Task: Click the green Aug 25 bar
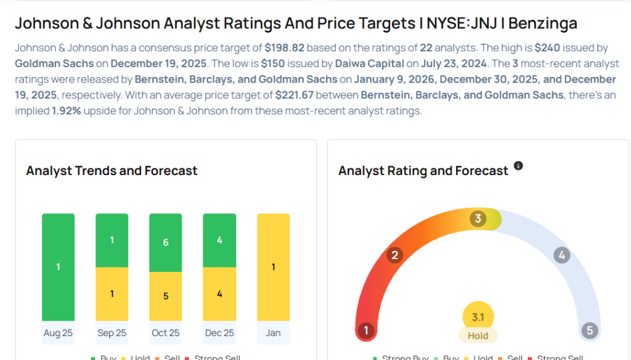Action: coord(58,267)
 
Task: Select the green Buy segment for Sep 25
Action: coord(112,240)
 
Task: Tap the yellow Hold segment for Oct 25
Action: coord(165,296)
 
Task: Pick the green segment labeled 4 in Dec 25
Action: coord(219,240)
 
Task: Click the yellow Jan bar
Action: coord(273,267)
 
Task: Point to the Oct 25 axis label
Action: coord(165,333)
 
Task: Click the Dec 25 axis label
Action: coord(219,333)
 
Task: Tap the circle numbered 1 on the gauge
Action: coord(366,330)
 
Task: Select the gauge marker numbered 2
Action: coord(395,255)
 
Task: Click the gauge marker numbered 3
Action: coord(478,219)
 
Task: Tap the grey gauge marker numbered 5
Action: coord(589,330)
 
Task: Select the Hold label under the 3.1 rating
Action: coord(478,336)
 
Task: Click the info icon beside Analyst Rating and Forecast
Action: coord(518,166)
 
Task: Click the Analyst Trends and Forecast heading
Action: coord(112,171)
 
